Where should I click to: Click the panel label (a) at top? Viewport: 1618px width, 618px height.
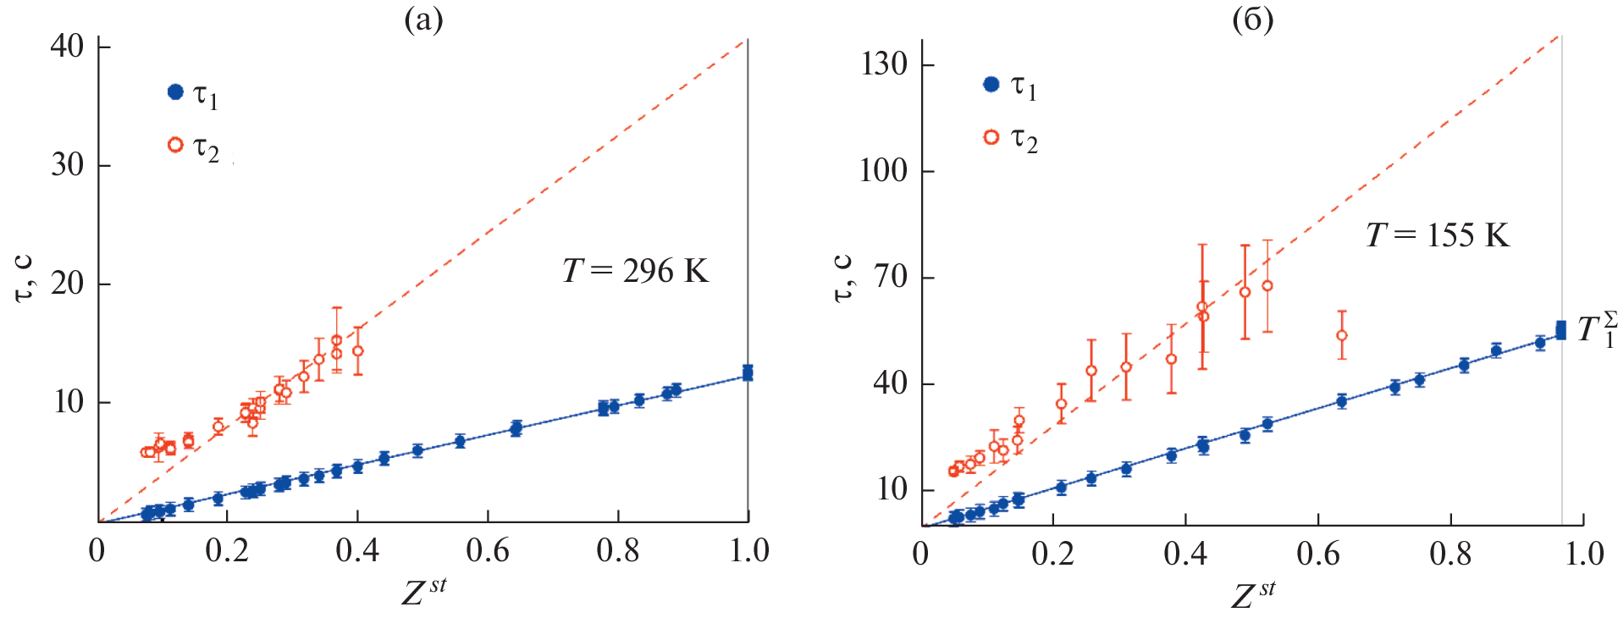tap(423, 19)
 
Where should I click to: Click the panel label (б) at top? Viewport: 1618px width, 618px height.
tap(1252, 19)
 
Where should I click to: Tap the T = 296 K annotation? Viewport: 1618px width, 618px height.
tap(635, 271)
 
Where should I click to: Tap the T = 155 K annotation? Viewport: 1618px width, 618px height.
tap(1437, 235)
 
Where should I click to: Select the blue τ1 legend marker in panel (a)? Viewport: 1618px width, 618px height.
tap(175, 92)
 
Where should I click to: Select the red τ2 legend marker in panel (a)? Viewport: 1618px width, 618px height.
tap(175, 145)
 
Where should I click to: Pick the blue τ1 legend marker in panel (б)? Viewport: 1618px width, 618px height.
tap(991, 84)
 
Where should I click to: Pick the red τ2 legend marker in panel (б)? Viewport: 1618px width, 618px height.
tap(991, 136)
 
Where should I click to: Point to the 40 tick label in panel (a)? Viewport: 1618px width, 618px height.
tap(67, 46)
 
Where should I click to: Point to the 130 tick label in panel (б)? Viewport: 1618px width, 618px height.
tap(884, 64)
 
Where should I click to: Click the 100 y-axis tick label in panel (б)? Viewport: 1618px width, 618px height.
tap(884, 170)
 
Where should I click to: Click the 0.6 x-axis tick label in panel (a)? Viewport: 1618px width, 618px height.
tap(488, 551)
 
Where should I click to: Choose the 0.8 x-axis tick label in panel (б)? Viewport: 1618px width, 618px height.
tap(1450, 555)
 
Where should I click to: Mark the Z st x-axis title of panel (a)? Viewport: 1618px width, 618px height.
tap(423, 591)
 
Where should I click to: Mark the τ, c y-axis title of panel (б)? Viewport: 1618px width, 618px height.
tap(843, 277)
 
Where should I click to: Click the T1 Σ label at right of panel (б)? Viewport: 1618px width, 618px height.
tap(1597, 328)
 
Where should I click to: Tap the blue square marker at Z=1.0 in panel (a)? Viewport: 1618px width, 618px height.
tap(748, 372)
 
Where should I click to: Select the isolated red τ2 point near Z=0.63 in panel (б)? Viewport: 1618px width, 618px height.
tap(1342, 335)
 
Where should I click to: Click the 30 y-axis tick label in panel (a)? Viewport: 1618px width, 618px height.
tap(67, 164)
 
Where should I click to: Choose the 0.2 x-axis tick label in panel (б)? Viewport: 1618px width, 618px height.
tap(1052, 555)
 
